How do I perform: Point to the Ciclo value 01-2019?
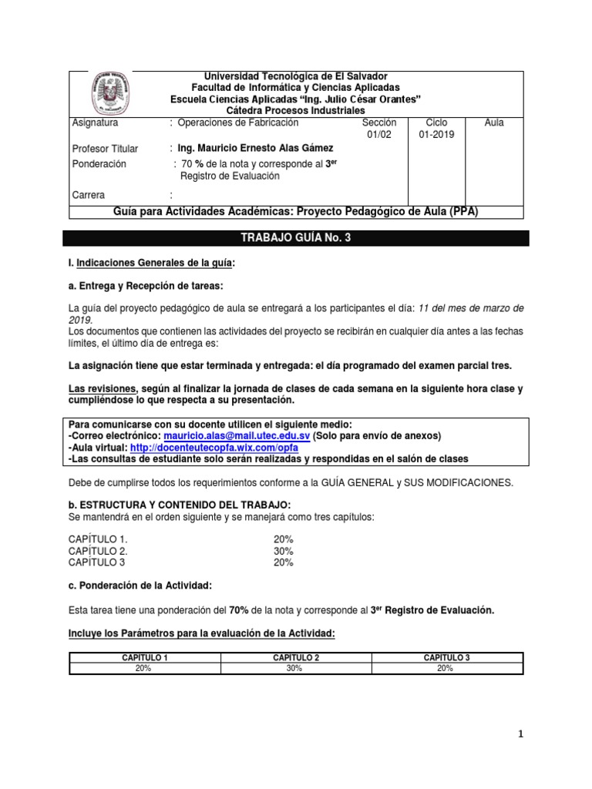436,135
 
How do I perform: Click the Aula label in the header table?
494,123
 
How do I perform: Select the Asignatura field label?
94,123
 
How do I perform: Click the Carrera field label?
88,195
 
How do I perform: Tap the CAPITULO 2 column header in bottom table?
296,657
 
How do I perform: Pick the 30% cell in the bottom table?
296,669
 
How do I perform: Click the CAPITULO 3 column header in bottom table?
447,657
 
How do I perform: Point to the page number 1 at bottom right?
520,734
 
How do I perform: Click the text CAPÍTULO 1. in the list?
98,539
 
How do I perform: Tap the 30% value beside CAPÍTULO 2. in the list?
283,551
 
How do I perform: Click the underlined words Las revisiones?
103,389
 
